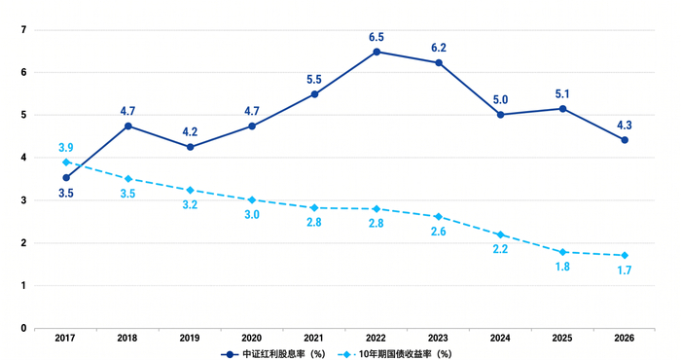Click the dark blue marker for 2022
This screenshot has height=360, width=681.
pos(376,52)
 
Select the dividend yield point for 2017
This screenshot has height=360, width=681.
pos(66,178)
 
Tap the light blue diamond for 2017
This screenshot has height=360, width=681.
pos(66,162)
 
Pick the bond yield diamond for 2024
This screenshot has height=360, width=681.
pos(500,234)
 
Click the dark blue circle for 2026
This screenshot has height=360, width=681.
pos(625,140)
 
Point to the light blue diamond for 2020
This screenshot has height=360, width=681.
pos(252,199)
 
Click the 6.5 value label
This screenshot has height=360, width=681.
pos(376,37)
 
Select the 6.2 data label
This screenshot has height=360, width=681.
pos(439,48)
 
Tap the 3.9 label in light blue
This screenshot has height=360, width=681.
pos(66,148)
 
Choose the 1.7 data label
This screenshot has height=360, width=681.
pos(625,270)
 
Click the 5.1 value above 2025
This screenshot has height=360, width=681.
pos(562,94)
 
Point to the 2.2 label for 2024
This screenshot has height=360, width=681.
pos(500,249)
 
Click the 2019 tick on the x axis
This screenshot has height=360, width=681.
pos(190,338)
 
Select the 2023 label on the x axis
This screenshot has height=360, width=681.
pos(438,338)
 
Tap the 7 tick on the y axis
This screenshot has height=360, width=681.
pos(24,30)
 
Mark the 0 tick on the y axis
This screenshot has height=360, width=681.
pos(24,328)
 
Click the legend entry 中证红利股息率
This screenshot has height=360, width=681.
pos(273,354)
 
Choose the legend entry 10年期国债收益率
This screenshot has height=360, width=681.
pos(394,354)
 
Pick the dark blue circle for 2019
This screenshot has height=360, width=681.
pos(190,147)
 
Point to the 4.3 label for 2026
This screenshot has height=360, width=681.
pos(625,126)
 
